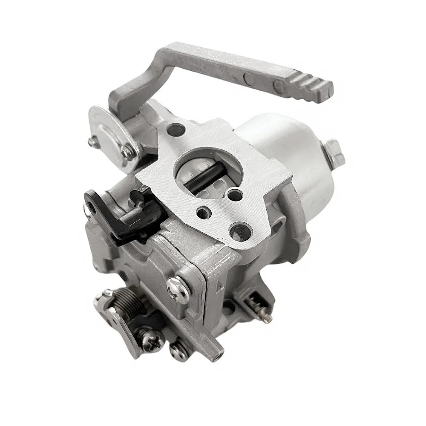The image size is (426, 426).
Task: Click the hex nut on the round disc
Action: [x=127, y=151]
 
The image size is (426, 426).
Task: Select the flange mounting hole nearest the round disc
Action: [x=175, y=129]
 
